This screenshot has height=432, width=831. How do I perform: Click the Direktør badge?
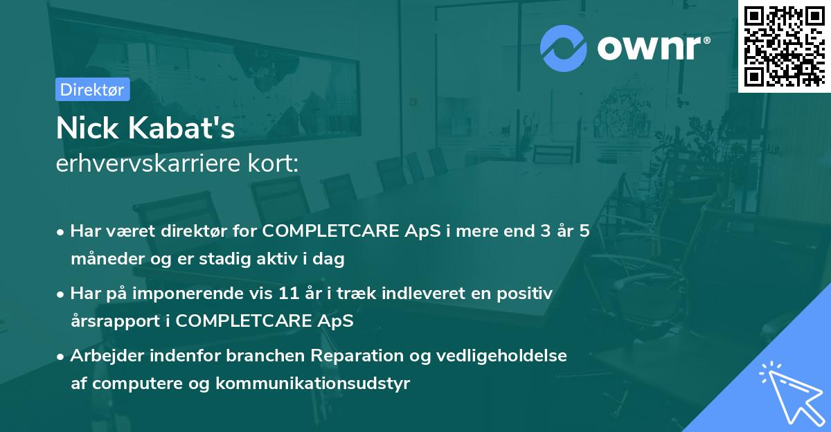point(92,89)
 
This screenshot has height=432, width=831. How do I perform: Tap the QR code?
point(784,46)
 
